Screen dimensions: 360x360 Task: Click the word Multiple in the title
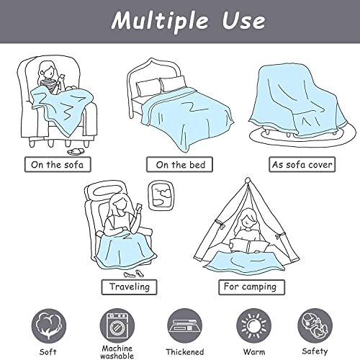click(159, 22)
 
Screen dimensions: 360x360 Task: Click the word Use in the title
click(243, 21)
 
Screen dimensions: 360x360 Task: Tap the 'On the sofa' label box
click(58, 165)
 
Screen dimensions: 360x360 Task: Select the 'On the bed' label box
click(180, 165)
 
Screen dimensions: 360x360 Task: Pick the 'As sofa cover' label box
click(302, 165)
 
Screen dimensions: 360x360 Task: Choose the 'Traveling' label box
click(129, 287)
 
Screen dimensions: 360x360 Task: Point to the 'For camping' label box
click(251, 287)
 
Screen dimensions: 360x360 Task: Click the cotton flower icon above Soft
click(49, 326)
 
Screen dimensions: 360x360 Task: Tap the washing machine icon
click(117, 326)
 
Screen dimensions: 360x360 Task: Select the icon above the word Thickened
click(184, 326)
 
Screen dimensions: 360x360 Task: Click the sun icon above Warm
click(253, 326)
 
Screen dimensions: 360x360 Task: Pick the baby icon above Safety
click(315, 326)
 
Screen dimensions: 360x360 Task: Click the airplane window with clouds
click(161, 195)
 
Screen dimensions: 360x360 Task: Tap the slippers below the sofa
click(75, 152)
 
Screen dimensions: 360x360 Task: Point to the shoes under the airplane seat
click(133, 274)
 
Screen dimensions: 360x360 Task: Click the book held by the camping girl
click(249, 246)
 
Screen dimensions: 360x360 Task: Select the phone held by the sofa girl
click(62, 76)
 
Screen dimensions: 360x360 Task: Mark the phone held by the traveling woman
click(139, 207)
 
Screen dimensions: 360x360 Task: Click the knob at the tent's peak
click(248, 180)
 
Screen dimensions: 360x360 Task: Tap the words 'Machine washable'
click(117, 352)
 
